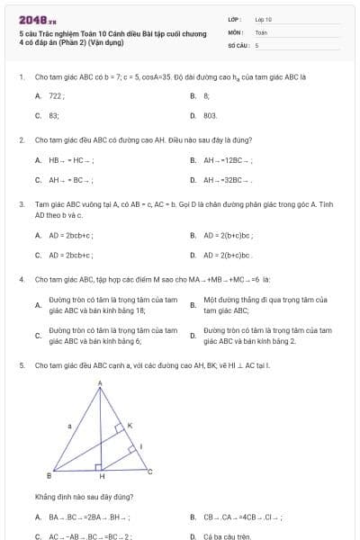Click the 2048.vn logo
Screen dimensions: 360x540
coord(38,20)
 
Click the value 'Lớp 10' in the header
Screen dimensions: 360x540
coord(263,18)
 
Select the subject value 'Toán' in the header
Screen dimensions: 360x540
coord(261,31)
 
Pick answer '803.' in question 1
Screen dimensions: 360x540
coord(210,115)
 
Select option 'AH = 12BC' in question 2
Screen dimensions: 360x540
coord(228,159)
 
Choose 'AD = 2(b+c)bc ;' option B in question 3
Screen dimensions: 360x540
coord(228,236)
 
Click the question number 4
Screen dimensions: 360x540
coord(22,280)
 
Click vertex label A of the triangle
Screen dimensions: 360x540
coord(99,383)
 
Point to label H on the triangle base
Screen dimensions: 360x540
coord(102,476)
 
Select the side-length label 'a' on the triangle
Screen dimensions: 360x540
coord(69,424)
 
